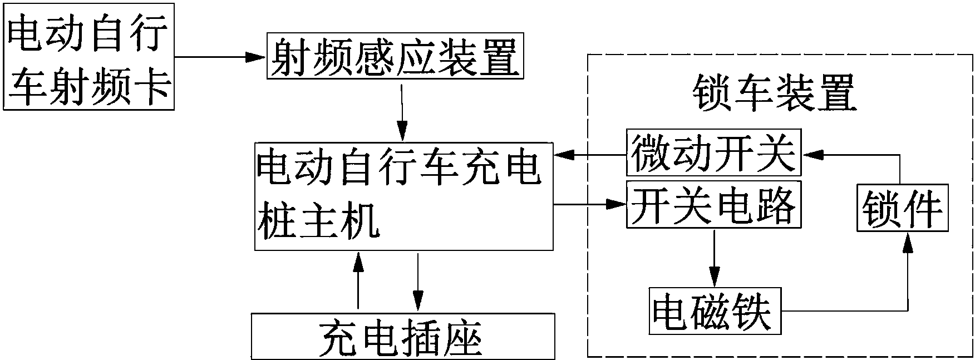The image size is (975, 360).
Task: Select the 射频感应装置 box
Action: click(394, 57)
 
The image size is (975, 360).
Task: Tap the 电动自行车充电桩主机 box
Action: click(404, 196)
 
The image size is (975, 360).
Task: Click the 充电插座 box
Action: click(403, 336)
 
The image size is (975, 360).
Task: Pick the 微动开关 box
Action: click(713, 152)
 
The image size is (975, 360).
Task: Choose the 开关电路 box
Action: click(713, 204)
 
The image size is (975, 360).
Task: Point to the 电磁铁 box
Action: click(715, 310)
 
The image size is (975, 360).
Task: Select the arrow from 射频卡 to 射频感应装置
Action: click(220, 57)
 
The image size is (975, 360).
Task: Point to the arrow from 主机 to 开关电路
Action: click(590, 204)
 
